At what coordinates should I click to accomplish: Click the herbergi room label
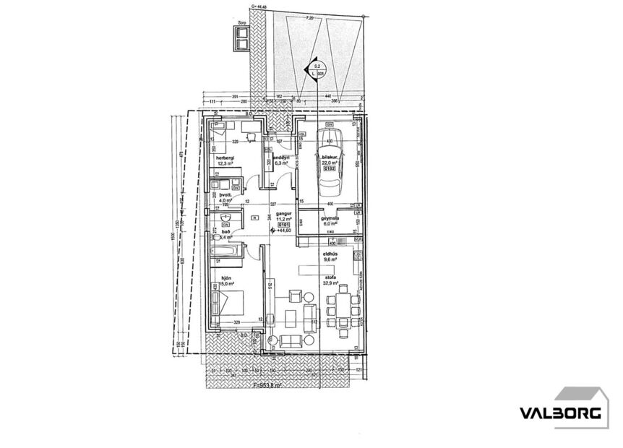point(225,158)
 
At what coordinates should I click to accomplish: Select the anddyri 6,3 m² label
point(280,159)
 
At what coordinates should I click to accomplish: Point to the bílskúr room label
point(330,159)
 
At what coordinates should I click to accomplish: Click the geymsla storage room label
point(330,216)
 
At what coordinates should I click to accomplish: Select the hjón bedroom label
point(225,277)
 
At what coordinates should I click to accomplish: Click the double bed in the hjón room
point(229,303)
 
